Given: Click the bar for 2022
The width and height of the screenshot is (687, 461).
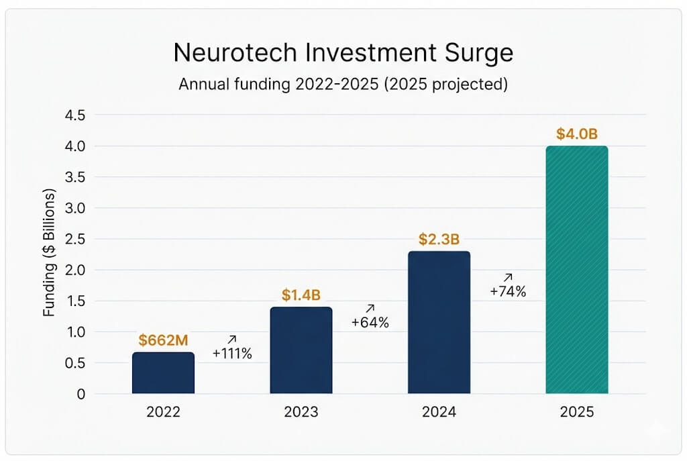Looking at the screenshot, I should pyautogui.click(x=163, y=373).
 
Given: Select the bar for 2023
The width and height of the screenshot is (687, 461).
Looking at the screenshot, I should pyautogui.click(x=301, y=350).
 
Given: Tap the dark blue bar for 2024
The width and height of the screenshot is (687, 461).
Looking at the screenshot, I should pyautogui.click(x=439, y=322).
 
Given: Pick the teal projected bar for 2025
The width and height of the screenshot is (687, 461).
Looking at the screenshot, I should pyautogui.click(x=577, y=270).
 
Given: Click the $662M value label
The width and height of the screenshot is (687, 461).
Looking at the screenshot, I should pyautogui.click(x=163, y=340).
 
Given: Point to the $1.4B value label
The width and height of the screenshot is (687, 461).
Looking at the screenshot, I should pyautogui.click(x=301, y=295).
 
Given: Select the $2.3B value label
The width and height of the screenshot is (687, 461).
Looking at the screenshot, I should pyautogui.click(x=439, y=239).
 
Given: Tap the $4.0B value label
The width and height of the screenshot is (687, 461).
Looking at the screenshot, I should pyautogui.click(x=577, y=134).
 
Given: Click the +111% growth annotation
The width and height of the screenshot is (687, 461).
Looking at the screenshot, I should pyautogui.click(x=232, y=354).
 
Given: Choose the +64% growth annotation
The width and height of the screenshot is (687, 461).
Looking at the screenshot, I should pyautogui.click(x=370, y=322).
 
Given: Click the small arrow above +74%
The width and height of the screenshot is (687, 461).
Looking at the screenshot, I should pyautogui.click(x=507, y=276).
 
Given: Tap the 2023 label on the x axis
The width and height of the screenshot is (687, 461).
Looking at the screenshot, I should pyautogui.click(x=301, y=412).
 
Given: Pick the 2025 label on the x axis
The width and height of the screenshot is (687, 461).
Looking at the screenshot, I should pyautogui.click(x=577, y=412).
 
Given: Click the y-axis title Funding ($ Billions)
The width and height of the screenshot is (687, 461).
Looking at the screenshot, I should pyautogui.click(x=50, y=254).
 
